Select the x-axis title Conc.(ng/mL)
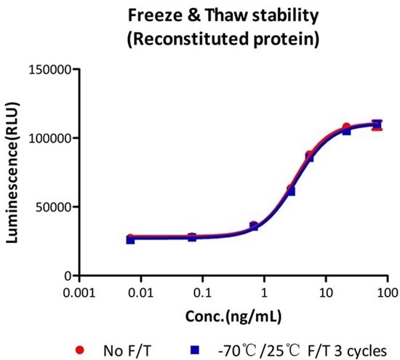[234, 316]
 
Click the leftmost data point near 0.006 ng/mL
[130, 239]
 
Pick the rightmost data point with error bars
[377, 125]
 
